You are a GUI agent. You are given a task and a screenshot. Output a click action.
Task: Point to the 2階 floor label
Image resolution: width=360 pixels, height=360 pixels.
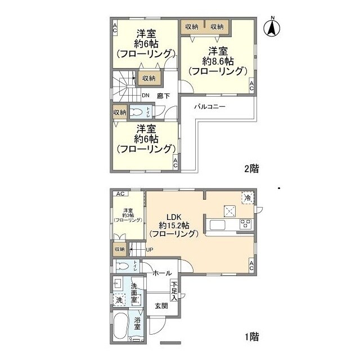251,168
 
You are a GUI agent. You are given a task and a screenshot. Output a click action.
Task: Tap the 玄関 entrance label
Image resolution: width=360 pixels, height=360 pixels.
161,306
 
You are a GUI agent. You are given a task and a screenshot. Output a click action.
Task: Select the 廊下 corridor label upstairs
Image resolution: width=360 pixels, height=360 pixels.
164,95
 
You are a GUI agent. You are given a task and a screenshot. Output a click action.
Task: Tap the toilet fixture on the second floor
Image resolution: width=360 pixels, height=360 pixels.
137,111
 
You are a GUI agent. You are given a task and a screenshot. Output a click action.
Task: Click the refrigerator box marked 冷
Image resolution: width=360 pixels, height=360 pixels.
247,197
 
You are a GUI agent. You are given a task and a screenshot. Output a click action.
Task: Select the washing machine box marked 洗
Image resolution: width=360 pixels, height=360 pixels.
119,300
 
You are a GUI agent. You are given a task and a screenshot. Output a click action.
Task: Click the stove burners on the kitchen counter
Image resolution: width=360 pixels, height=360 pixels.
246,224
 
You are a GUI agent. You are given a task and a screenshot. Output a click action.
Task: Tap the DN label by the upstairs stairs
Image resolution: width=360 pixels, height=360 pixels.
145,95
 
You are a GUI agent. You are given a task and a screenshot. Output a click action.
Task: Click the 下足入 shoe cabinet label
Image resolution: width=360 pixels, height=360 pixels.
174,291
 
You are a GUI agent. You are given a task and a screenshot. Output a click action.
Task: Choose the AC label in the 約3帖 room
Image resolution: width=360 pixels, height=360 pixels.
119,194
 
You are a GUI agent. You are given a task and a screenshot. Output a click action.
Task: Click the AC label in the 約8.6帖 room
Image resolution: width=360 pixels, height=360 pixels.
251,86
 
